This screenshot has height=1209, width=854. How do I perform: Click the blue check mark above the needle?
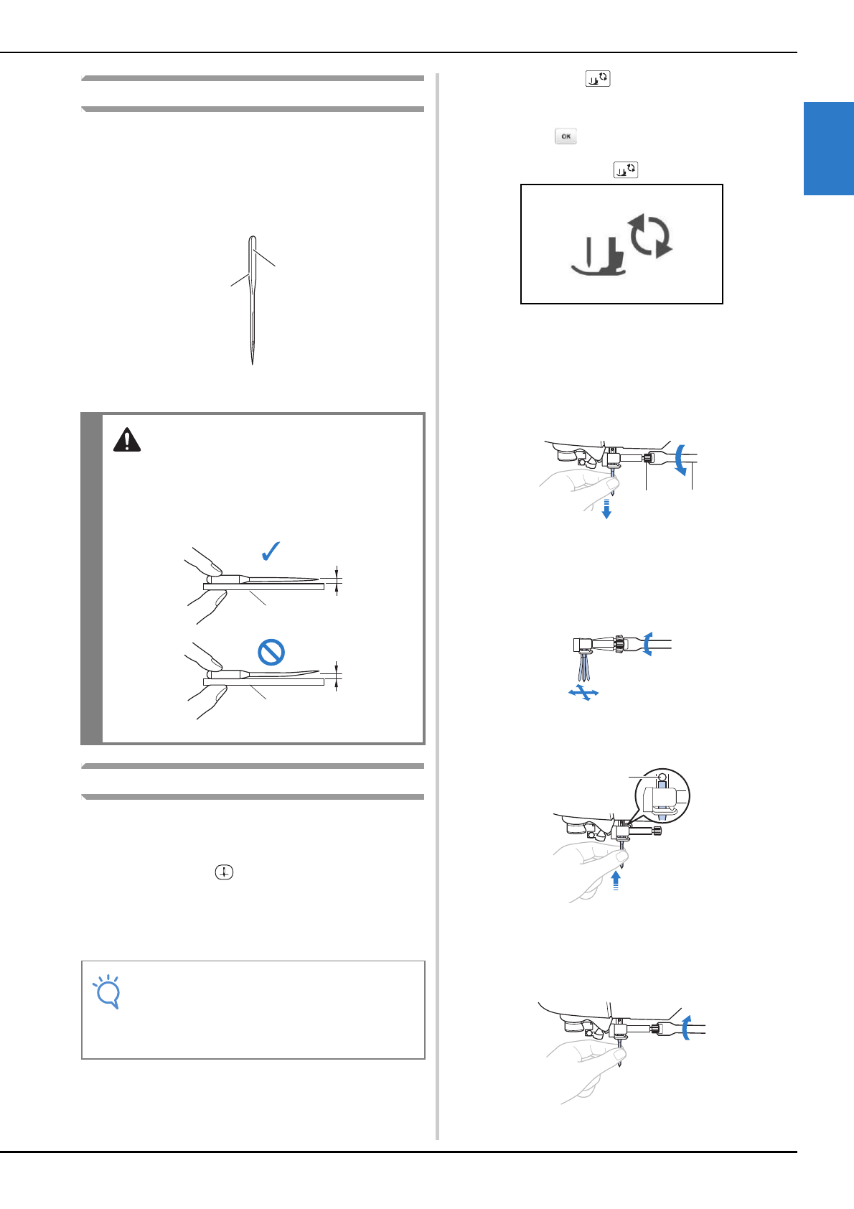(271, 551)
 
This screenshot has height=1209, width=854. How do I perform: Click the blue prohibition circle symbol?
(271, 652)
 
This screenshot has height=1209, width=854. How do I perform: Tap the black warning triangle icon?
(127, 439)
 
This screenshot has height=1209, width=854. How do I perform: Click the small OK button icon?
(566, 136)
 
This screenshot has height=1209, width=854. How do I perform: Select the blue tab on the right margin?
(828, 149)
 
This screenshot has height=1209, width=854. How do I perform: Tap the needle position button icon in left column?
(224, 872)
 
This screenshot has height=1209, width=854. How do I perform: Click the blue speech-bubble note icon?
(107, 991)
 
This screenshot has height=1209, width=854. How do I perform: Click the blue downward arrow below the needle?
(606, 508)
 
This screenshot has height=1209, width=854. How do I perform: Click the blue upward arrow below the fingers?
(616, 880)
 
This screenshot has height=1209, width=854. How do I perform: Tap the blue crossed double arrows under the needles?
(583, 693)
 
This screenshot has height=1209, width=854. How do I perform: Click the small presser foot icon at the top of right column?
(597, 79)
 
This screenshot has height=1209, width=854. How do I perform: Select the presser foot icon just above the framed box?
(625, 169)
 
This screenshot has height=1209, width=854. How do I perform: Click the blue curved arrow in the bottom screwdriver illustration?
(686, 1027)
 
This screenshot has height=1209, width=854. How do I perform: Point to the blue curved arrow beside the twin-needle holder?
(647, 643)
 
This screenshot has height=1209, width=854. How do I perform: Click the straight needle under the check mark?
(280, 579)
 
